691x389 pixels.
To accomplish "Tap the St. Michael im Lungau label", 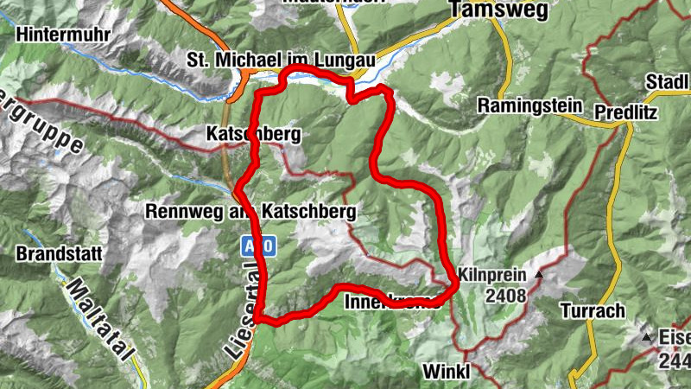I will click(x=282, y=60).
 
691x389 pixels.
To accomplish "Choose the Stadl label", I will click(x=669, y=82).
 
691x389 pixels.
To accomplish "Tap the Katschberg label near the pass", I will click(x=253, y=135).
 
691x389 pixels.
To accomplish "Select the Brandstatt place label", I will click(x=60, y=255).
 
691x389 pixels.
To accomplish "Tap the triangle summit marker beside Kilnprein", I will click(x=539, y=275).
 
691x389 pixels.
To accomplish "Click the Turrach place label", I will click(x=590, y=310).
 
